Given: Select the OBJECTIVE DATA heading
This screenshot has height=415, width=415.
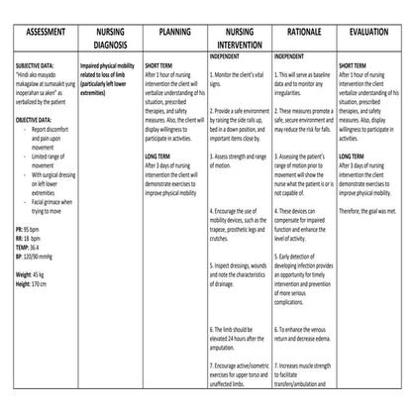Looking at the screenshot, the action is [x=36, y=119].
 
